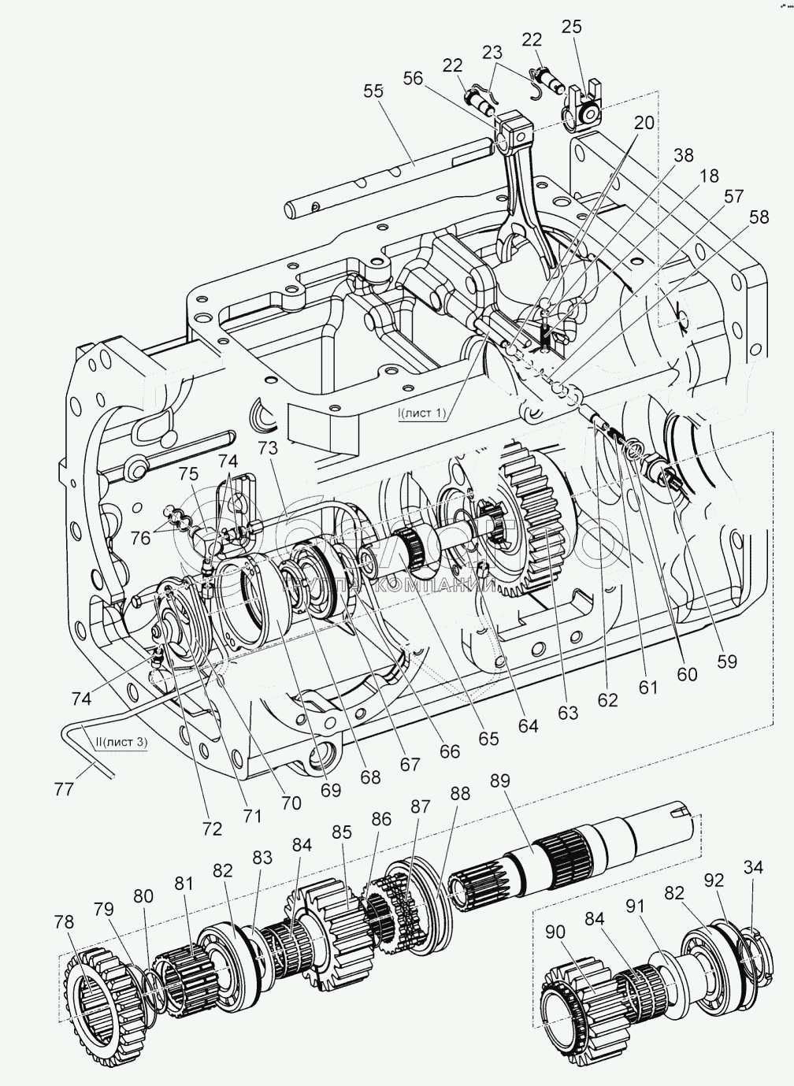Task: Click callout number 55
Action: click(373, 91)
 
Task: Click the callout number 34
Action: click(753, 868)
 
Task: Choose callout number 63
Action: click(567, 713)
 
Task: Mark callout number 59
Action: click(726, 662)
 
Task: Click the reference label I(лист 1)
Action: click(422, 412)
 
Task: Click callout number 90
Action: click(555, 932)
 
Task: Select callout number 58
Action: click(759, 218)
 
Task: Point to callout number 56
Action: click(413, 77)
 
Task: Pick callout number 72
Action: click(213, 828)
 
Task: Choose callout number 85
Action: click(341, 832)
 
